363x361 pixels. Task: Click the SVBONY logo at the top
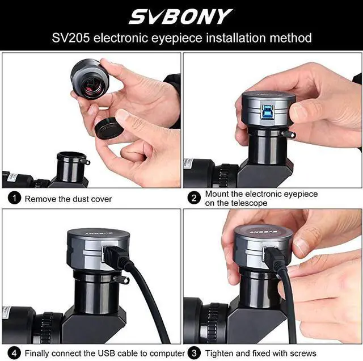pos(181,16)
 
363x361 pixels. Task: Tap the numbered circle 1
pos(15,199)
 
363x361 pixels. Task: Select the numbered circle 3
pos(195,353)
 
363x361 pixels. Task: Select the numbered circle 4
pos(15,353)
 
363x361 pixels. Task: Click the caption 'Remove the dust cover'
pos(68,199)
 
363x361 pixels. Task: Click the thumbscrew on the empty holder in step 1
pos(86,162)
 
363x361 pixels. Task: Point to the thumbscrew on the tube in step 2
pos(290,135)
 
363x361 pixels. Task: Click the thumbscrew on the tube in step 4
pos(119,279)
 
